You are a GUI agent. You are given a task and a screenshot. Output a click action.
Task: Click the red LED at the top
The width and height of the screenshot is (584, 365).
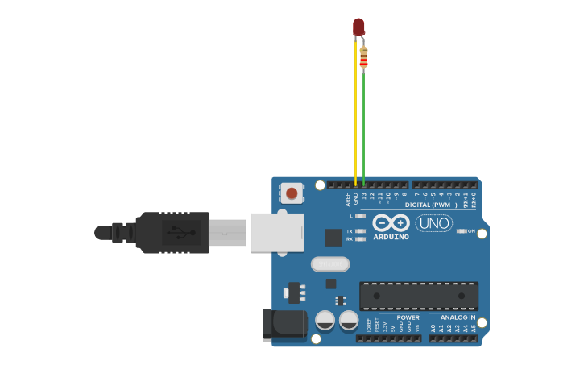[358, 27]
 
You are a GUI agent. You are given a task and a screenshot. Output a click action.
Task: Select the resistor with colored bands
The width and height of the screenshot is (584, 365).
[363, 57]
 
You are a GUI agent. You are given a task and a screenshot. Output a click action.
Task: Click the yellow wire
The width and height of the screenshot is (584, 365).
[355, 121]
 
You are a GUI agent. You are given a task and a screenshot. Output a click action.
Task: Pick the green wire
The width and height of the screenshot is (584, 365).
[363, 129]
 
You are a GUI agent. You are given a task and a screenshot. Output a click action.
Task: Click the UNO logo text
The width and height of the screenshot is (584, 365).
[433, 222]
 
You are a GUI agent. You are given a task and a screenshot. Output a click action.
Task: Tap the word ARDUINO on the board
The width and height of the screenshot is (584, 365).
[391, 237]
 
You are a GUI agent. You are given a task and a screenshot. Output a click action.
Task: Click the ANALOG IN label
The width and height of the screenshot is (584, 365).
[458, 317]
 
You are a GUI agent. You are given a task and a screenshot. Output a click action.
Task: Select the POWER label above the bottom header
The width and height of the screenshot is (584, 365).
[408, 317]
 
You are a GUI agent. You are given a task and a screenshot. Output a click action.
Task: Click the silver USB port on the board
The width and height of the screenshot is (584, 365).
[276, 232]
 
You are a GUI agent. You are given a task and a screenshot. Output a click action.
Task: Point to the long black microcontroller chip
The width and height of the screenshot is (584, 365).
[418, 296]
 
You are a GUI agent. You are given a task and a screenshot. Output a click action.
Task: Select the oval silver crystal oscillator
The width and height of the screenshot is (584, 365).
[330, 264]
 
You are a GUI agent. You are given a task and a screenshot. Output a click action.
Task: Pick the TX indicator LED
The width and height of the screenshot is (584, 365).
[360, 231]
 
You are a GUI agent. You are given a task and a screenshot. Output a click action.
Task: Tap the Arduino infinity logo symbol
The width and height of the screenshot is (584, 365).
[391, 222]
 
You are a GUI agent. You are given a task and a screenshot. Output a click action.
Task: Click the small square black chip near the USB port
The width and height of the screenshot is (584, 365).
[333, 238]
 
